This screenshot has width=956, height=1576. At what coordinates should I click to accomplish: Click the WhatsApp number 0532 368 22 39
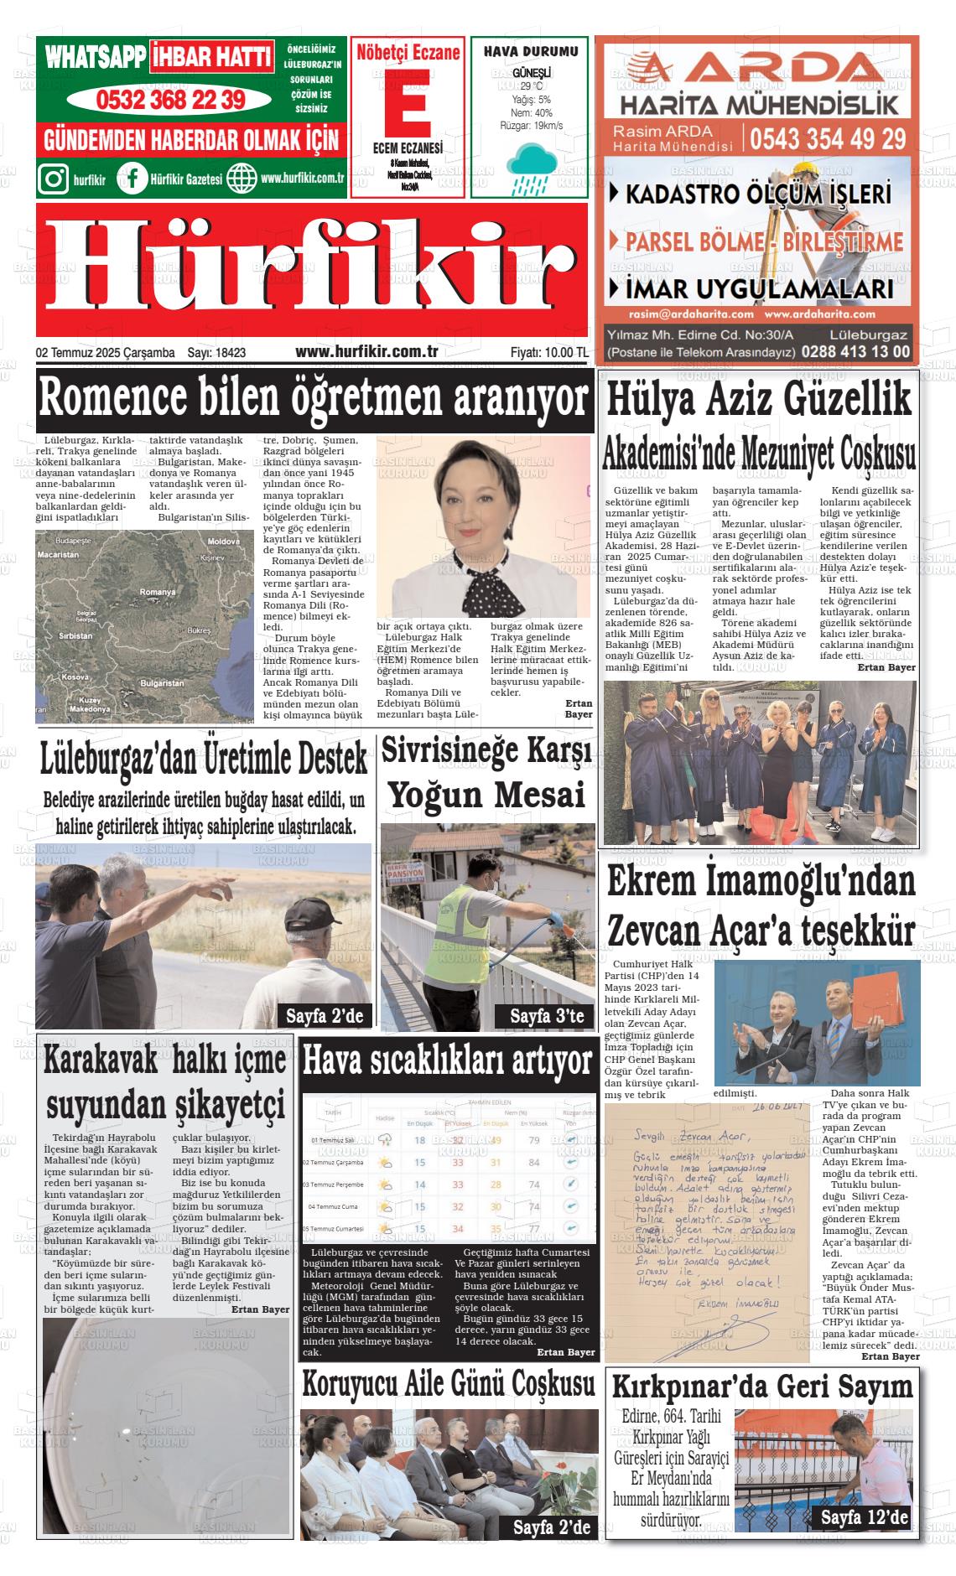coord(171,100)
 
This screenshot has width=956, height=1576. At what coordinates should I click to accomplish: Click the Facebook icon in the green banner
coord(132,179)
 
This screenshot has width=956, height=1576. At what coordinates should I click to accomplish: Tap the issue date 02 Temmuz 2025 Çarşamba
coord(106,353)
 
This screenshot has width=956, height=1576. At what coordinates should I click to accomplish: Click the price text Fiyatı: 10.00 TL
coord(549,353)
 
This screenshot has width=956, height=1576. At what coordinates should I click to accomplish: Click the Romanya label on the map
coord(158,592)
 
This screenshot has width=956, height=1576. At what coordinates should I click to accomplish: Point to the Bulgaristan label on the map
coord(162,683)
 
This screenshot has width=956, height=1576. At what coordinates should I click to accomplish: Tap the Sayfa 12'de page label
coord(864,1518)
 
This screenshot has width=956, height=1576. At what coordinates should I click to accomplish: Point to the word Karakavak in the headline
coord(101,1061)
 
